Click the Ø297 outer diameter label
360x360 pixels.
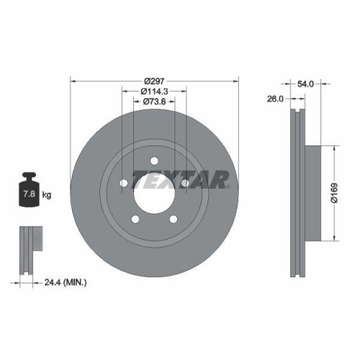pyautogui.click(x=153, y=81)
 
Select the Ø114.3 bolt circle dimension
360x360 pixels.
pyautogui.click(x=153, y=91)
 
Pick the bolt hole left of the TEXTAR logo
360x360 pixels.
pyautogui.click(x=124, y=184)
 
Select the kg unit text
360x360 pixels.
pyautogui.click(x=46, y=195)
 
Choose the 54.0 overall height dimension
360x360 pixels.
pyautogui.click(x=306, y=84)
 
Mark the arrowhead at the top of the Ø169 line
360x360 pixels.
pyautogui.click(x=334, y=147)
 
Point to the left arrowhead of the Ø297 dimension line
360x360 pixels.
pyautogui.click(x=73, y=81)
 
